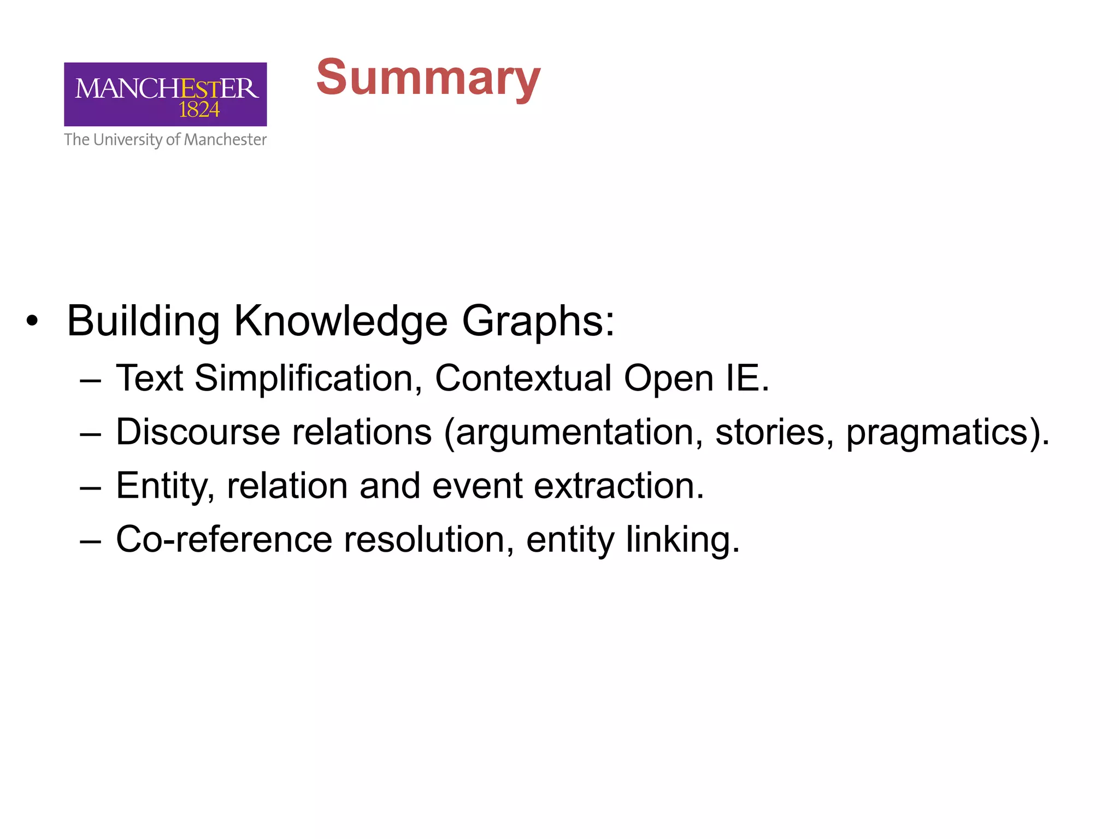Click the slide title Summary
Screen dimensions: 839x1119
(x=428, y=78)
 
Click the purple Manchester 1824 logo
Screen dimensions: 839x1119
(x=165, y=94)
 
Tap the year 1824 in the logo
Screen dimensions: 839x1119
(x=199, y=110)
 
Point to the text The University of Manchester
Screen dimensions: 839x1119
(x=165, y=140)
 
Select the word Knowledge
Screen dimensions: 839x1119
(x=340, y=321)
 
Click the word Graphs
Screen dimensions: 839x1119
(x=538, y=321)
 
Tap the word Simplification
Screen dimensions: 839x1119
(x=308, y=378)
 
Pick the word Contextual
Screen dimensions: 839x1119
(x=523, y=378)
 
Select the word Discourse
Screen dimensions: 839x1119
(x=198, y=432)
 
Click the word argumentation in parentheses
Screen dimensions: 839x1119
(x=574, y=432)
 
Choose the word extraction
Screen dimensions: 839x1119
(x=618, y=486)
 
